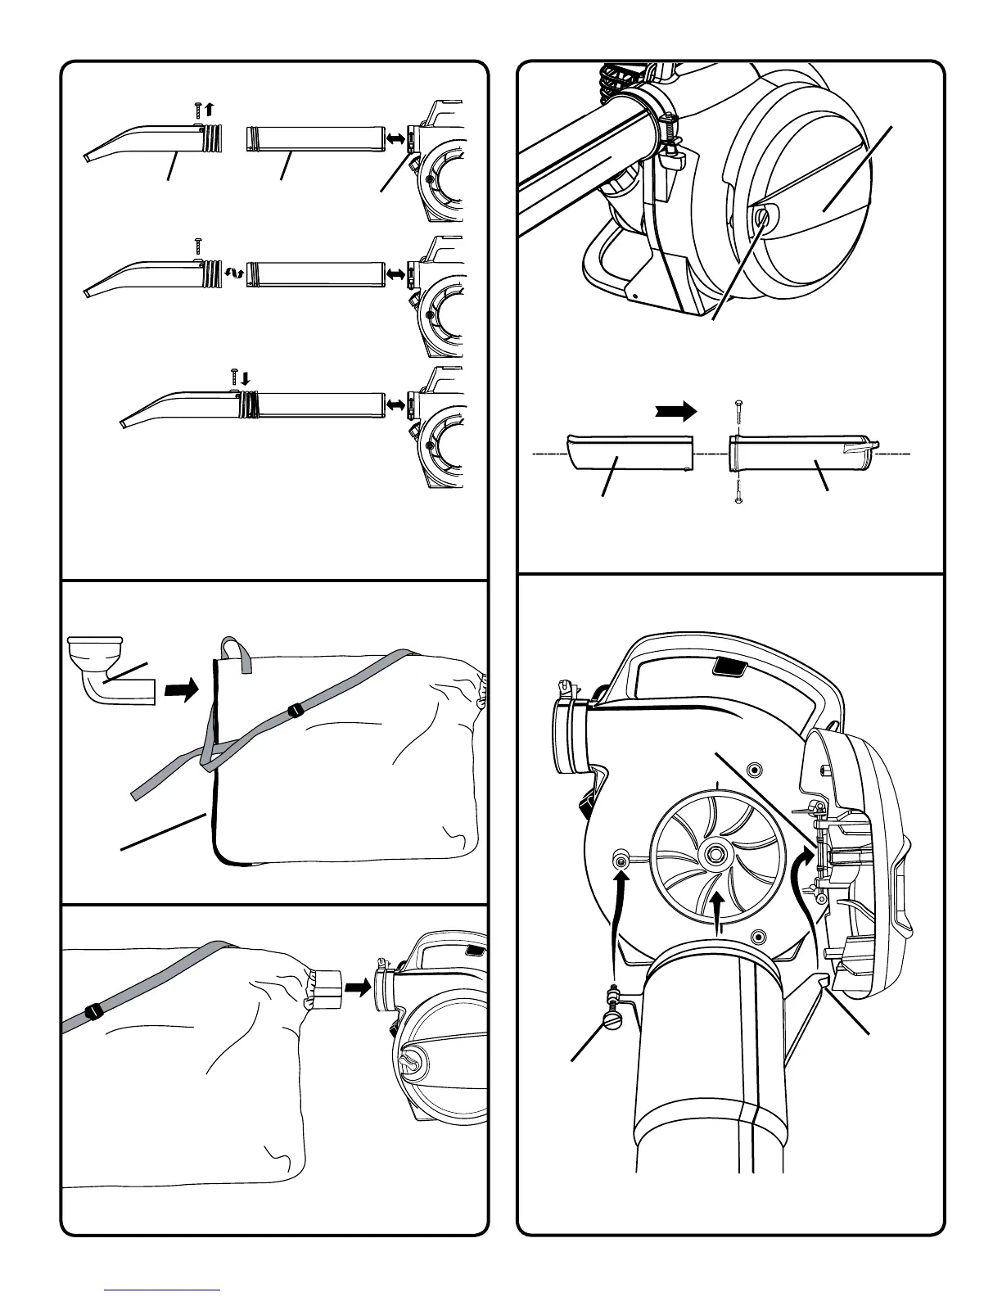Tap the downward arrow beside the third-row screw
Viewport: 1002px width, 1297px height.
[x=246, y=377]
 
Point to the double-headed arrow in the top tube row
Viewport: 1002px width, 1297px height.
[x=396, y=140]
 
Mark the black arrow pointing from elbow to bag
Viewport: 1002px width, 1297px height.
[x=181, y=690]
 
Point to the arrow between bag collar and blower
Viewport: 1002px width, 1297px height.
[x=357, y=988]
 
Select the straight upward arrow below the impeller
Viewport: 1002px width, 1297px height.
[x=718, y=911]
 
